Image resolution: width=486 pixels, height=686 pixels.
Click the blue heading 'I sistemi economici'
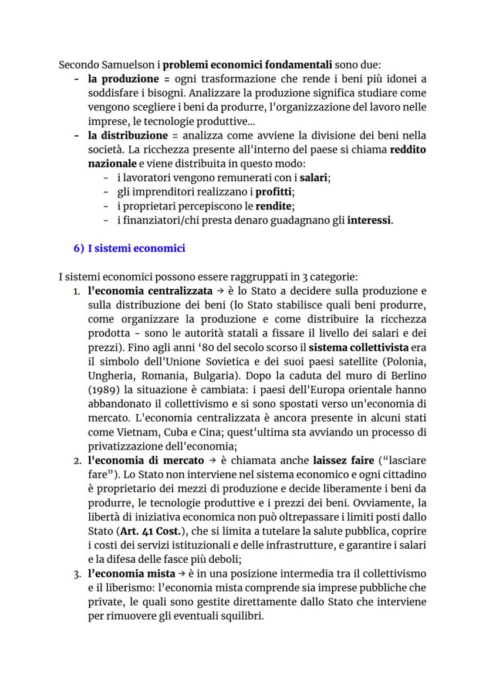(x=136, y=248)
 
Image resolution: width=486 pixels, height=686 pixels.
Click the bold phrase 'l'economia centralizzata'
(x=150, y=292)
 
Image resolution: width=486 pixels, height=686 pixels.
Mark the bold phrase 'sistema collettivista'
(x=346, y=349)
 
